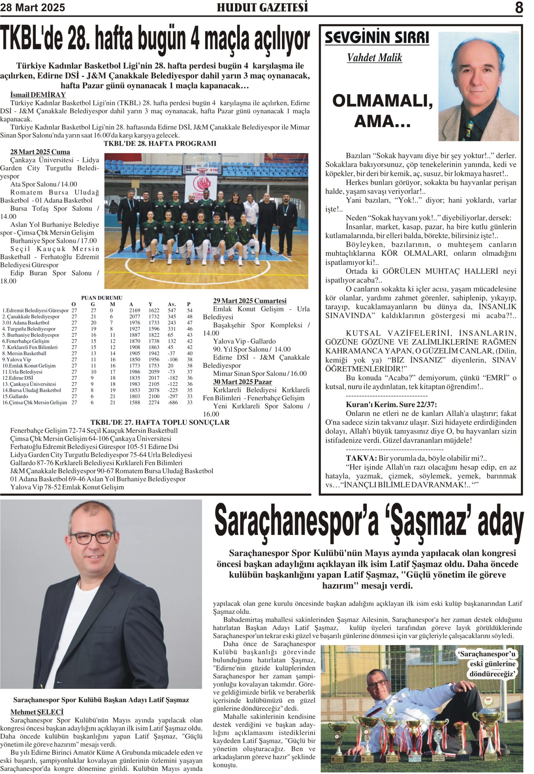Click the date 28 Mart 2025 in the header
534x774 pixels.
pos(32,8)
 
